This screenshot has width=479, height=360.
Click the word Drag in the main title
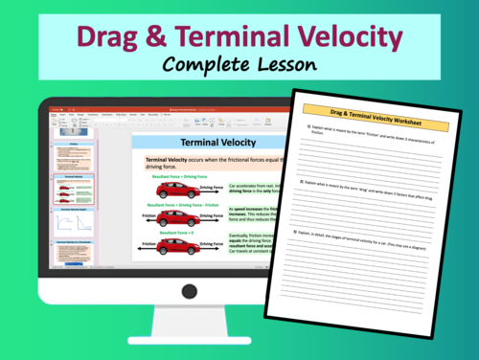(114, 37)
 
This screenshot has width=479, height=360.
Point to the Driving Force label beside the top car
(213, 189)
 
